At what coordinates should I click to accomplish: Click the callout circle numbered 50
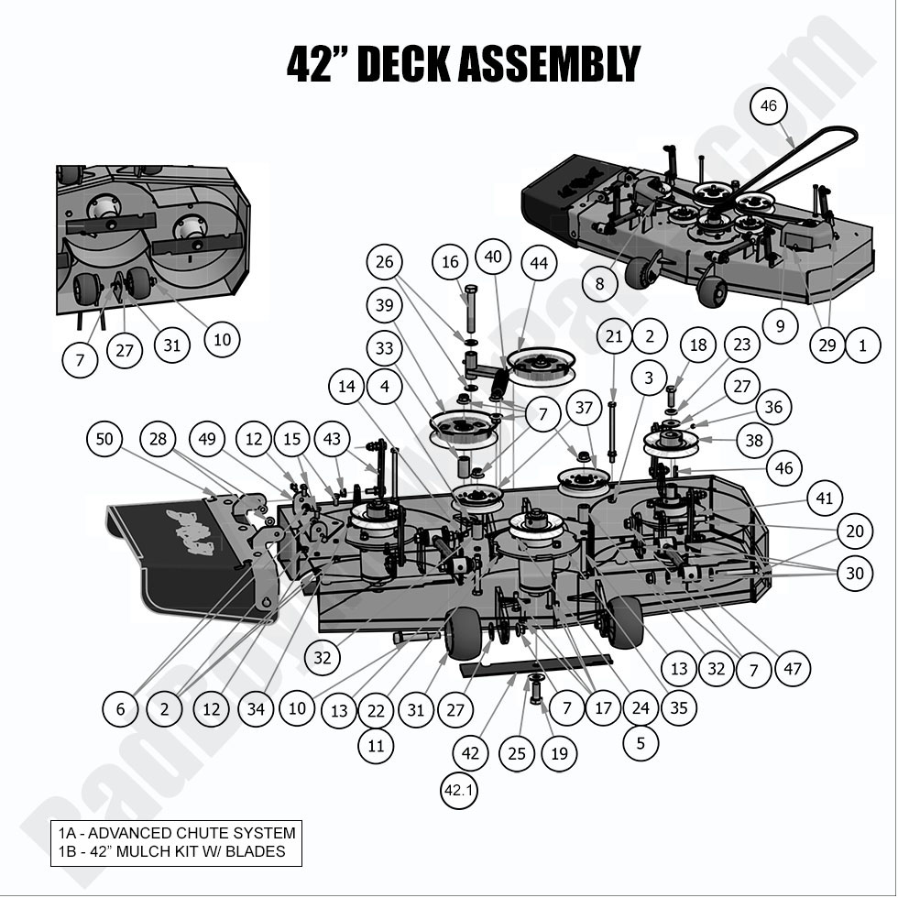tap(105, 440)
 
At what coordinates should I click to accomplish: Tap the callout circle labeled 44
tap(539, 264)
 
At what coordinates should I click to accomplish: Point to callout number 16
tap(450, 263)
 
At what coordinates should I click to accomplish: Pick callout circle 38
tap(753, 441)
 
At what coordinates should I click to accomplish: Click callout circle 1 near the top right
tap(862, 345)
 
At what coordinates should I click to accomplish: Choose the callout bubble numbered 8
tap(599, 284)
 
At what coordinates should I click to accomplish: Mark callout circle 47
tap(793, 668)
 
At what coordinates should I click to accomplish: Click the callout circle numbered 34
tap(256, 708)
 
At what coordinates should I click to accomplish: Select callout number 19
tap(559, 754)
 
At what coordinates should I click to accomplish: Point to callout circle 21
tap(614, 337)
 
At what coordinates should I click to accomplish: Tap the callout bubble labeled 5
tap(640, 742)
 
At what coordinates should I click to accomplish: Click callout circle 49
tap(209, 441)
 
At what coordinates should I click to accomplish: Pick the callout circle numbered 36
tap(774, 406)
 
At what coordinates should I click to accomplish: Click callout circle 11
tap(376, 746)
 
